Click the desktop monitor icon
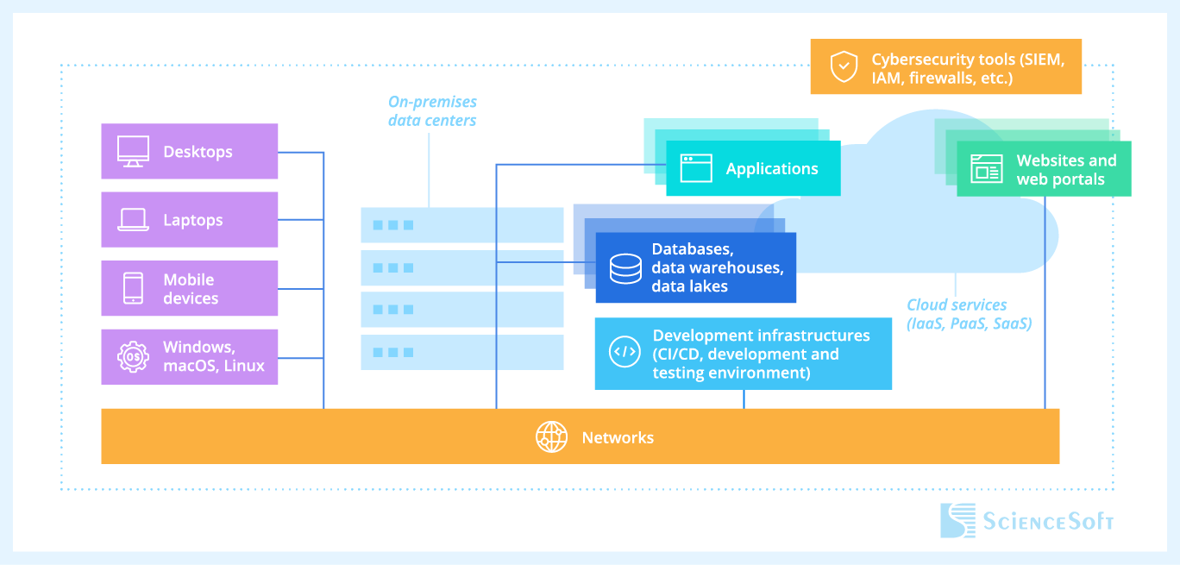tap(133, 152)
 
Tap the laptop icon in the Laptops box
tap(133, 220)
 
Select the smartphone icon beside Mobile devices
tap(133, 288)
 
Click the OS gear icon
tap(133, 356)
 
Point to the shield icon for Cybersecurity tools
tap(843, 66)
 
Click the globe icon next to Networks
tap(551, 437)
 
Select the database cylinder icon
tap(625, 268)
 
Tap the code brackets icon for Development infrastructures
tap(625, 353)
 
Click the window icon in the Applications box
tap(696, 168)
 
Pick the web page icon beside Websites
tap(986, 168)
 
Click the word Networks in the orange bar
tap(618, 437)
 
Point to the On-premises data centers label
tap(431, 111)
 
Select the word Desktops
tap(198, 152)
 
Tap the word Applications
tap(772, 168)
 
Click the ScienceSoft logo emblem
tap(958, 520)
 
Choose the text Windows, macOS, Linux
tap(214, 356)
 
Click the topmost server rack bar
tap(461, 225)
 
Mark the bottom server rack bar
tap(461, 352)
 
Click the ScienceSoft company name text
tap(1049, 521)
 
